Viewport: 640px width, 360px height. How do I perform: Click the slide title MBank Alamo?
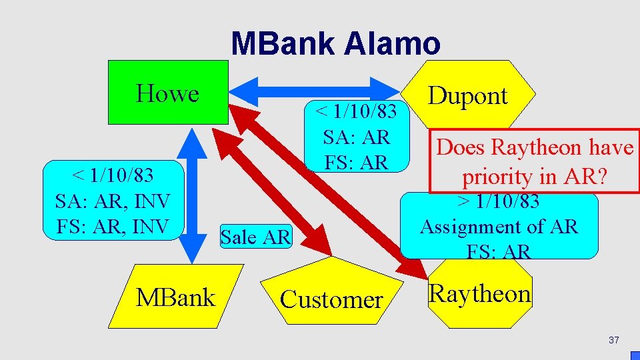[335, 44]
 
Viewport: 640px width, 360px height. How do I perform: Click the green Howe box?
[168, 93]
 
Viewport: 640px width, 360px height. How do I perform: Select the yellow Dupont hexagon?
[467, 95]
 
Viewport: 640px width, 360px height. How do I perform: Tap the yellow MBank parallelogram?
[175, 297]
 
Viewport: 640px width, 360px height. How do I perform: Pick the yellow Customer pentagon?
[331, 299]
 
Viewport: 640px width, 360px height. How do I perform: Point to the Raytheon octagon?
[480, 293]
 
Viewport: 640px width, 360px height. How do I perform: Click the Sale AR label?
[255, 237]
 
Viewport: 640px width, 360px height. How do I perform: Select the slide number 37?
[613, 341]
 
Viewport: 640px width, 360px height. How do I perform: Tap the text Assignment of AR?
[499, 227]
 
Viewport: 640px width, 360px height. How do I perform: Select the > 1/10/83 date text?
[499, 201]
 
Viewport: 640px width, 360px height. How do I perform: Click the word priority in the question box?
[495, 177]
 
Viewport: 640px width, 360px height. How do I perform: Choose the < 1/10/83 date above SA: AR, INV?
[113, 175]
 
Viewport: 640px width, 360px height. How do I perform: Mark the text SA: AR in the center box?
[356, 137]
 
